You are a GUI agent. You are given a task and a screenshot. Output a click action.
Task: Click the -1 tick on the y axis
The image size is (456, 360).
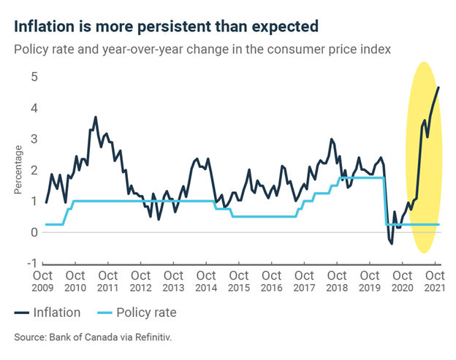click(31, 264)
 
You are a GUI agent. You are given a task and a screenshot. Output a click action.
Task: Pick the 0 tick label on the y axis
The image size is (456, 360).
click(34, 232)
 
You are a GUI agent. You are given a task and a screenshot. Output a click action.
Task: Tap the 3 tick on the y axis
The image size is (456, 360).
click(34, 139)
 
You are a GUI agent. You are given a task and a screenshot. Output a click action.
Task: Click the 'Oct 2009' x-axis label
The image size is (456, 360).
click(42, 282)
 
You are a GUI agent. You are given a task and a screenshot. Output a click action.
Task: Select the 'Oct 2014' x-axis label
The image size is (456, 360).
click(206, 282)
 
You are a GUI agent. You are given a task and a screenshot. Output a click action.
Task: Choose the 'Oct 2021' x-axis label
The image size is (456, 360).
click(435, 282)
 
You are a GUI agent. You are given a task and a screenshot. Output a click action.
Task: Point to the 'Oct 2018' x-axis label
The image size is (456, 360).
click(337, 282)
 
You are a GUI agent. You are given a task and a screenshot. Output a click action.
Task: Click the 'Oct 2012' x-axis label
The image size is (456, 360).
click(140, 282)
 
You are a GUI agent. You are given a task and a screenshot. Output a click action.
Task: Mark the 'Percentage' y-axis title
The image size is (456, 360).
click(18, 170)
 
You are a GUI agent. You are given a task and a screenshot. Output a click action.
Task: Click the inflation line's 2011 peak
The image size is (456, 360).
click(95, 117)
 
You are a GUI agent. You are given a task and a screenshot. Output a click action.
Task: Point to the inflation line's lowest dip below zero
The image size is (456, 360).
click(392, 242)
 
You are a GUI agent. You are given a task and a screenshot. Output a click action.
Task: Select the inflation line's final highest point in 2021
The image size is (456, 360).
click(438, 88)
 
